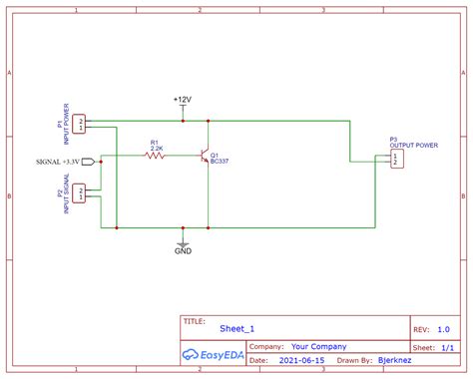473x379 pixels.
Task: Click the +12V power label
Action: pyautogui.click(x=183, y=101)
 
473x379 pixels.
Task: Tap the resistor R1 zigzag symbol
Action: pyautogui.click(x=155, y=157)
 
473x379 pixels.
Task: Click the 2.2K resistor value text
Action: pyautogui.click(x=156, y=148)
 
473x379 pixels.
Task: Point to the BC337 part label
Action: pyautogui.click(x=220, y=162)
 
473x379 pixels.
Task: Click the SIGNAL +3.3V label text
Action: pyautogui.click(x=55, y=160)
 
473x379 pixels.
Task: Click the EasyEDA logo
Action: pyautogui.click(x=213, y=354)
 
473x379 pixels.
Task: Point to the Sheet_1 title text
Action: pyautogui.click(x=236, y=328)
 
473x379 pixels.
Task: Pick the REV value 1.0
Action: pyautogui.click(x=443, y=328)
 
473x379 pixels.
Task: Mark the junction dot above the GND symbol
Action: pyautogui.click(x=183, y=227)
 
